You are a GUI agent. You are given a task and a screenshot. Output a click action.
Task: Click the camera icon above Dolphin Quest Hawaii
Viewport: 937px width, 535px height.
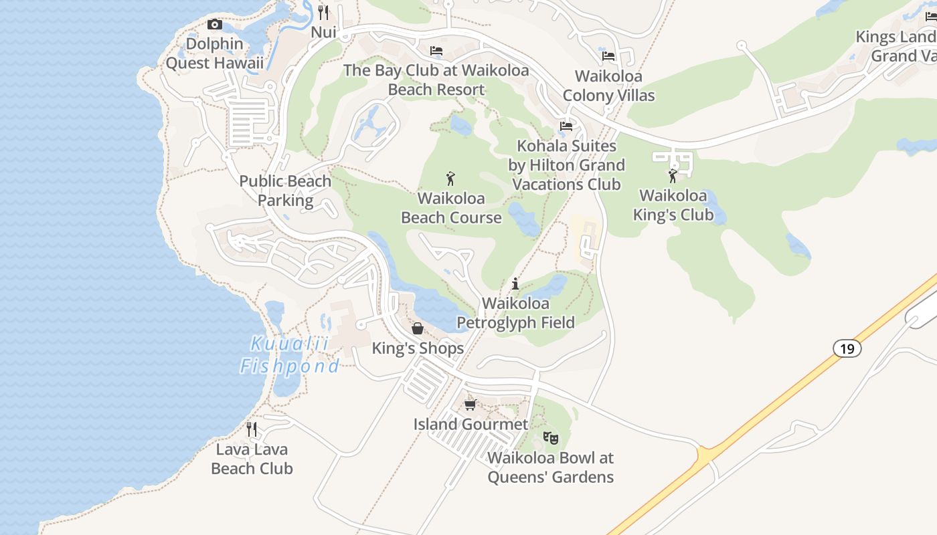tap(214, 25)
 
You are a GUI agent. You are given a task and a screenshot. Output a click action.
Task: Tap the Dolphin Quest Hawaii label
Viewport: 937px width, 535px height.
tap(214, 53)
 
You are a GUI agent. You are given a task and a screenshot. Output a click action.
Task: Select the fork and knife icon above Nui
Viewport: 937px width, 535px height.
tap(324, 13)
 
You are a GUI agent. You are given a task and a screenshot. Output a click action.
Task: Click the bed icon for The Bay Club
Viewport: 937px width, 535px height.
tap(436, 51)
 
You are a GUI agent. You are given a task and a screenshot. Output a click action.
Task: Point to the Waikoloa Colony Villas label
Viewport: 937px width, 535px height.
tap(608, 86)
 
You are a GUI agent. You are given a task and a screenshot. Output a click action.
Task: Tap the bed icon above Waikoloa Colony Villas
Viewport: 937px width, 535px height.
tap(608, 56)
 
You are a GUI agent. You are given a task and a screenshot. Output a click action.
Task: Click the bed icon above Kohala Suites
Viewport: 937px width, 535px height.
tap(566, 126)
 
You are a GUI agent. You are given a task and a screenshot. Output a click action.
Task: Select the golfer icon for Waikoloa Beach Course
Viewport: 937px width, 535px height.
tap(451, 179)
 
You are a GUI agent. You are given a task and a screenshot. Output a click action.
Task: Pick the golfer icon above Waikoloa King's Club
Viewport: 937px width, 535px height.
tap(673, 176)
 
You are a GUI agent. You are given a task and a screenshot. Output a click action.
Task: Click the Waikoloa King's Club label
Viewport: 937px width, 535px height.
tap(673, 205)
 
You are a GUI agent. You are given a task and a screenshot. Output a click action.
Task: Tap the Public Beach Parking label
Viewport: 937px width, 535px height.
tap(285, 191)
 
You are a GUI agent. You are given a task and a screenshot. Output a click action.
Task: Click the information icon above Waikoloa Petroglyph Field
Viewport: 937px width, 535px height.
tap(515, 284)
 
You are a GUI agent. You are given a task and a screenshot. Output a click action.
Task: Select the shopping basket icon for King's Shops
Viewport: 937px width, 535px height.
tap(418, 328)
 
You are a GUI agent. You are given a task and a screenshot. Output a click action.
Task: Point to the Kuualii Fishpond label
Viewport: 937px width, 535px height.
tap(289, 355)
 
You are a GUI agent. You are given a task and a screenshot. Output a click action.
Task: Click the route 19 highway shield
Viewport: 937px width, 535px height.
tap(847, 348)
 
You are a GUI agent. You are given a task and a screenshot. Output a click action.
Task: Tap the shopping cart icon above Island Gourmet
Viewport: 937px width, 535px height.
tap(471, 405)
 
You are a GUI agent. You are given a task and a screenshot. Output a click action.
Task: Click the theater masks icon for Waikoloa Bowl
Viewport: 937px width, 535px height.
tap(551, 438)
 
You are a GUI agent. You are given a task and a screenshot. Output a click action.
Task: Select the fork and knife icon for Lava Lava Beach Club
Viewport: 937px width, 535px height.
tap(252, 429)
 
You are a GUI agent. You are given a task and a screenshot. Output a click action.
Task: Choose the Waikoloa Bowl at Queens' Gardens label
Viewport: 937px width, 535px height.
tap(550, 467)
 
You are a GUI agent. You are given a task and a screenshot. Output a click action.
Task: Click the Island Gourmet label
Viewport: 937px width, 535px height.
tap(471, 424)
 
